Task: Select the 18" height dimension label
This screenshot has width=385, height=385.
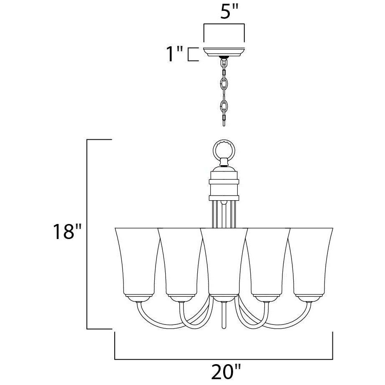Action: click(67, 231)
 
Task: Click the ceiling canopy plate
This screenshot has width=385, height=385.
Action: click(224, 52)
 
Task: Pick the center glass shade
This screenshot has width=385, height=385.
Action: click(224, 262)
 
